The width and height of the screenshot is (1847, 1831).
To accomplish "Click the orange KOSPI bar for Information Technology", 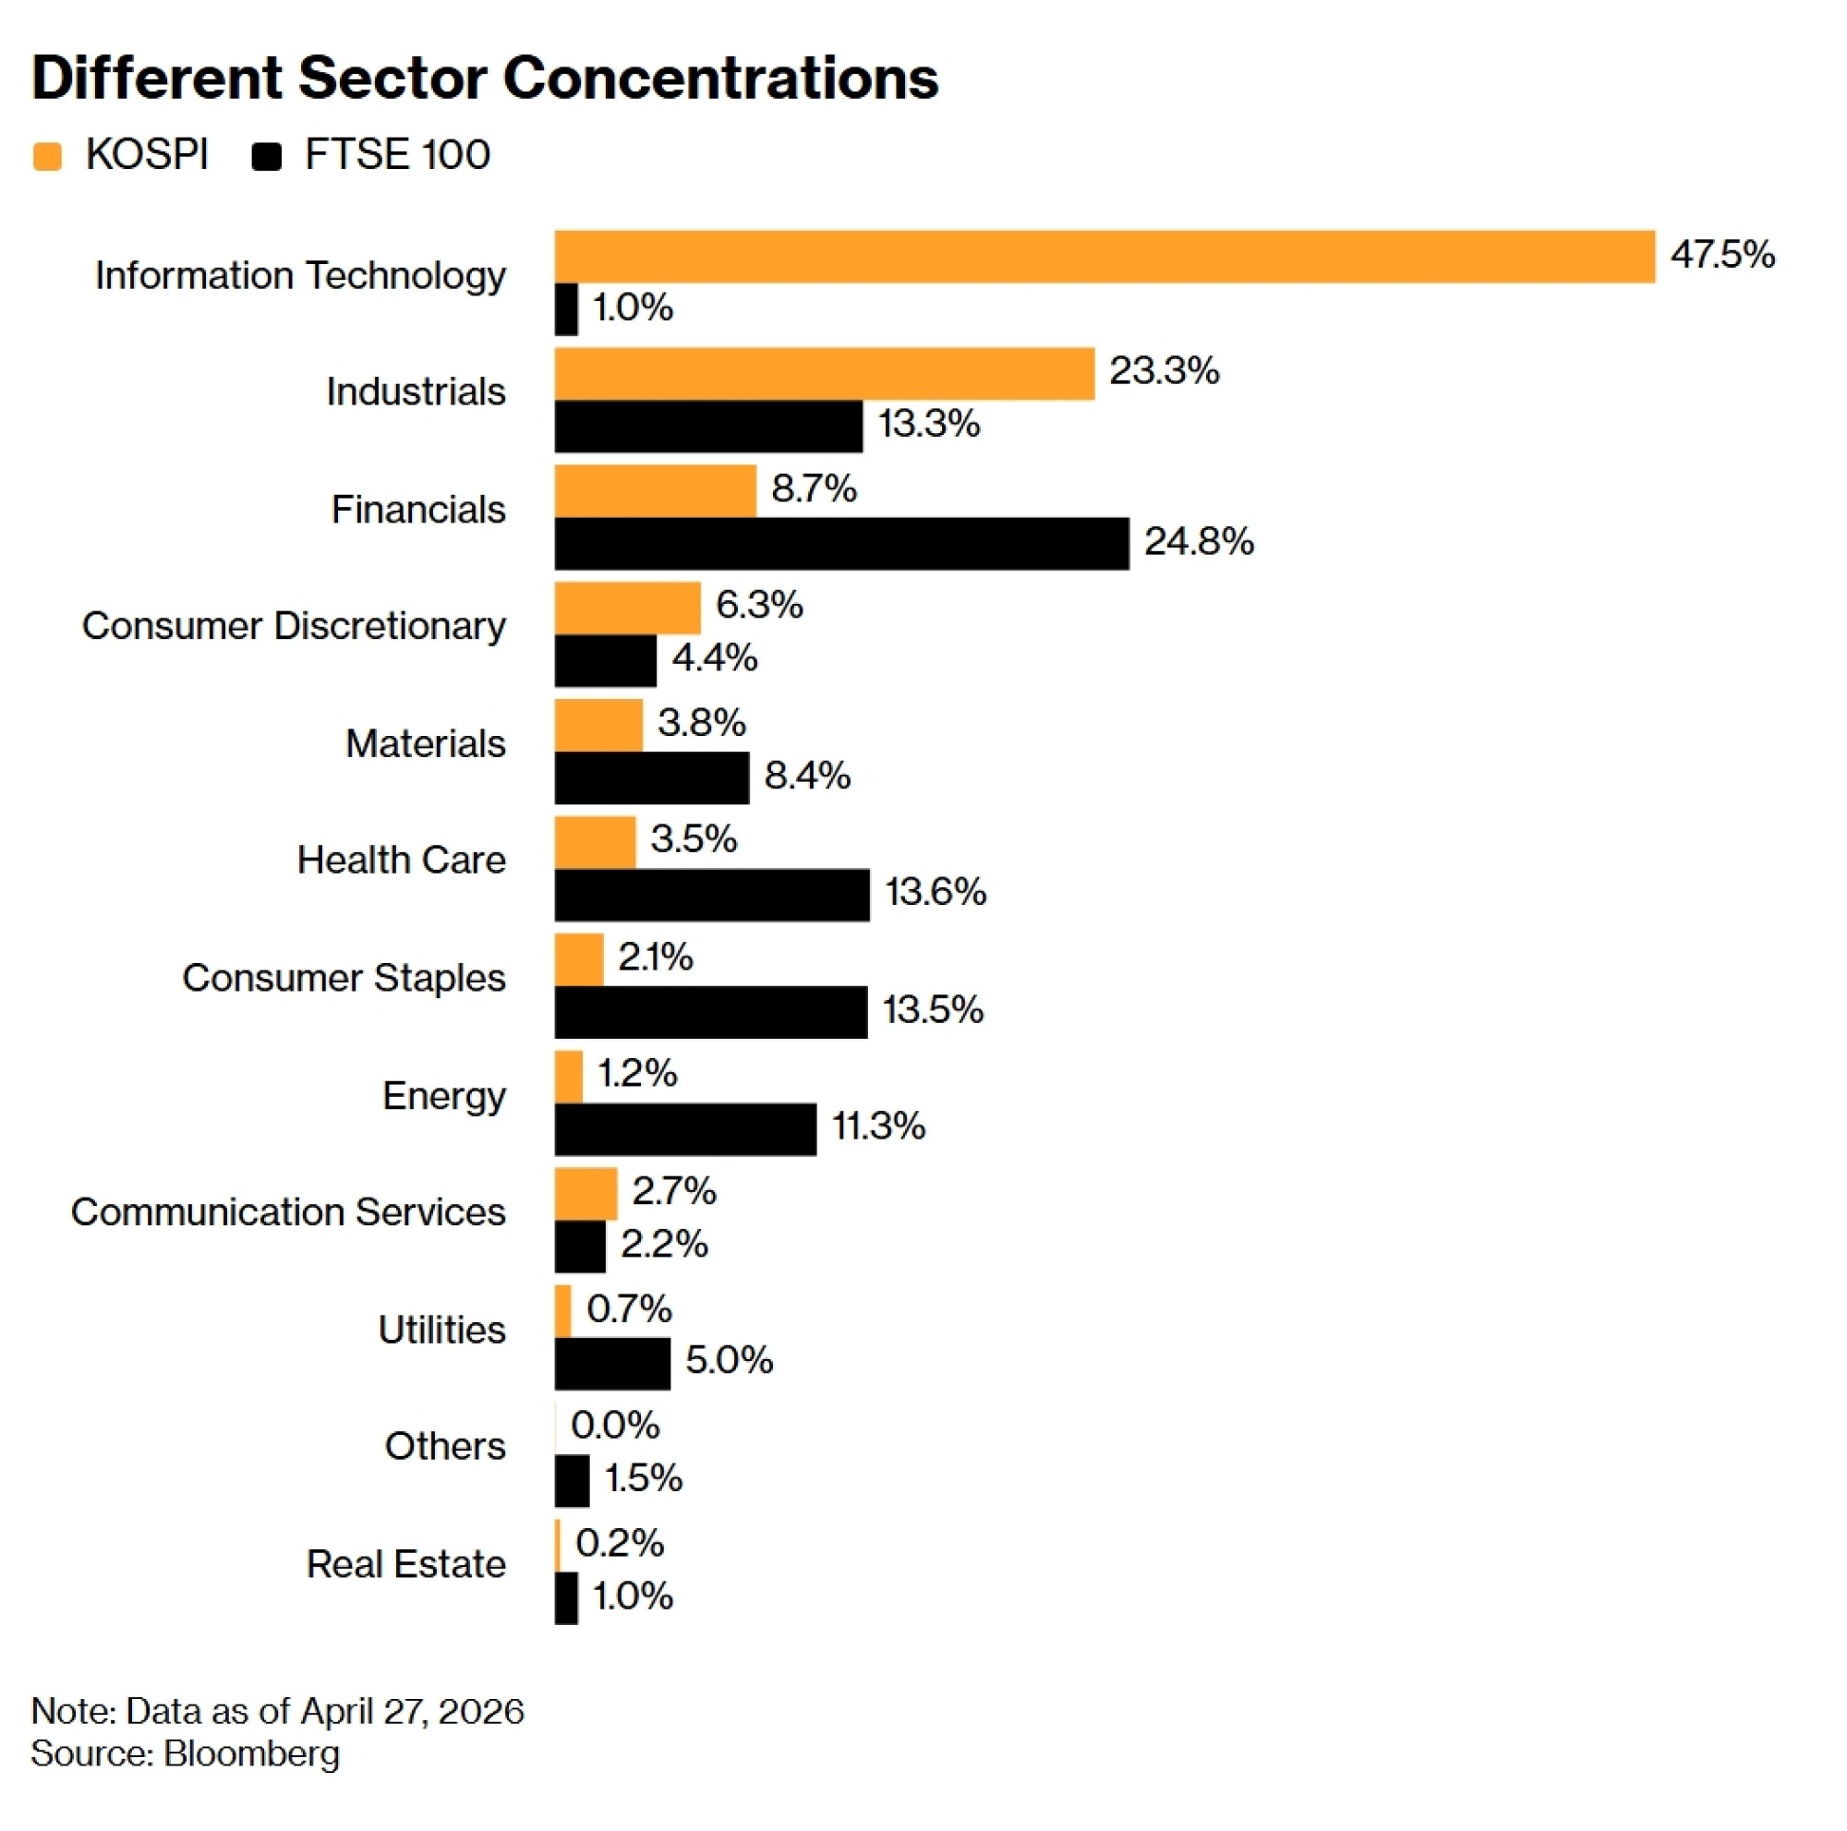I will pos(1105,256).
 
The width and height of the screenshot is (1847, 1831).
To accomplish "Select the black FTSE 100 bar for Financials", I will pos(841,544).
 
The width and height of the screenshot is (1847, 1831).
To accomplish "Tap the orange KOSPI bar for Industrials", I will pos(824,374).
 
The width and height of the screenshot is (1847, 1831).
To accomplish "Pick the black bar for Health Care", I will pos(712,895).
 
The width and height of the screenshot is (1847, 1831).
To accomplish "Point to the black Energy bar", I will pos(685,1129).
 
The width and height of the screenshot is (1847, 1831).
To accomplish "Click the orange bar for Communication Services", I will pos(586,1194).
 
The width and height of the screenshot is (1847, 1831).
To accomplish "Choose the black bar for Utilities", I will pos(612,1364).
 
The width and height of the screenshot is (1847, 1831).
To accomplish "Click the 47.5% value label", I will pos(1721,254).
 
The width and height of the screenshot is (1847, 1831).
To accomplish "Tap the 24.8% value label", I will pos(1199,542).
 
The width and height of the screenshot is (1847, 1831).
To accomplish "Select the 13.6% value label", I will pos(935,893).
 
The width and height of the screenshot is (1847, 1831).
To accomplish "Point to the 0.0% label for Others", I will pos(615,1426).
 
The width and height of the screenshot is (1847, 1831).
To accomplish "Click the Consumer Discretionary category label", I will pos(294,627).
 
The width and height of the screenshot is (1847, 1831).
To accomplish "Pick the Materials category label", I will pos(425,743).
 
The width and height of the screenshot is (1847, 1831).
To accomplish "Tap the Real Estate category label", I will pos(405,1563).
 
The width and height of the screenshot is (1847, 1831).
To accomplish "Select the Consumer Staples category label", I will pos(344,978).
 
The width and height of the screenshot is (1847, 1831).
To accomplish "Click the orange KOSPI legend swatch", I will pos(47,156).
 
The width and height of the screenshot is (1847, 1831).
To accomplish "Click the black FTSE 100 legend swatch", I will pos(267,156).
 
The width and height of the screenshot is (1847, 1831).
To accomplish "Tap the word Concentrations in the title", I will pos(721,78).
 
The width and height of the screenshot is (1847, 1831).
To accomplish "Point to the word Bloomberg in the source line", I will pos(251,1753).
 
